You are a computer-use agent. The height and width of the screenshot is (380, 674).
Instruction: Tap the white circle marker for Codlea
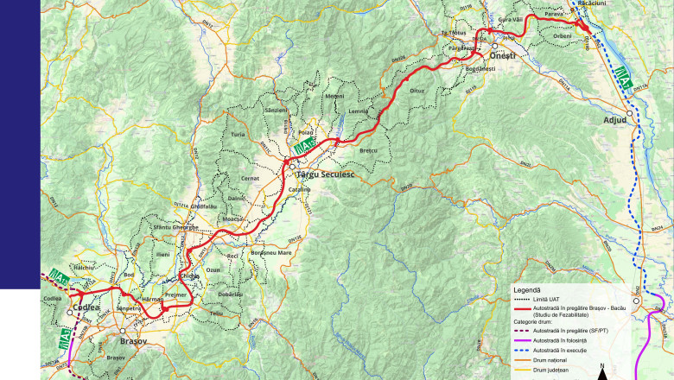(70, 312)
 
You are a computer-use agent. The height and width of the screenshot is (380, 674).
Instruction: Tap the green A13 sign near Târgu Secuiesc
(303, 148)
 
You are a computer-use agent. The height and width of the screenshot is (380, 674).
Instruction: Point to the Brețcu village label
(369, 151)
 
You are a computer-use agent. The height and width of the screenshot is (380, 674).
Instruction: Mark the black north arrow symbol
(601, 372)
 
